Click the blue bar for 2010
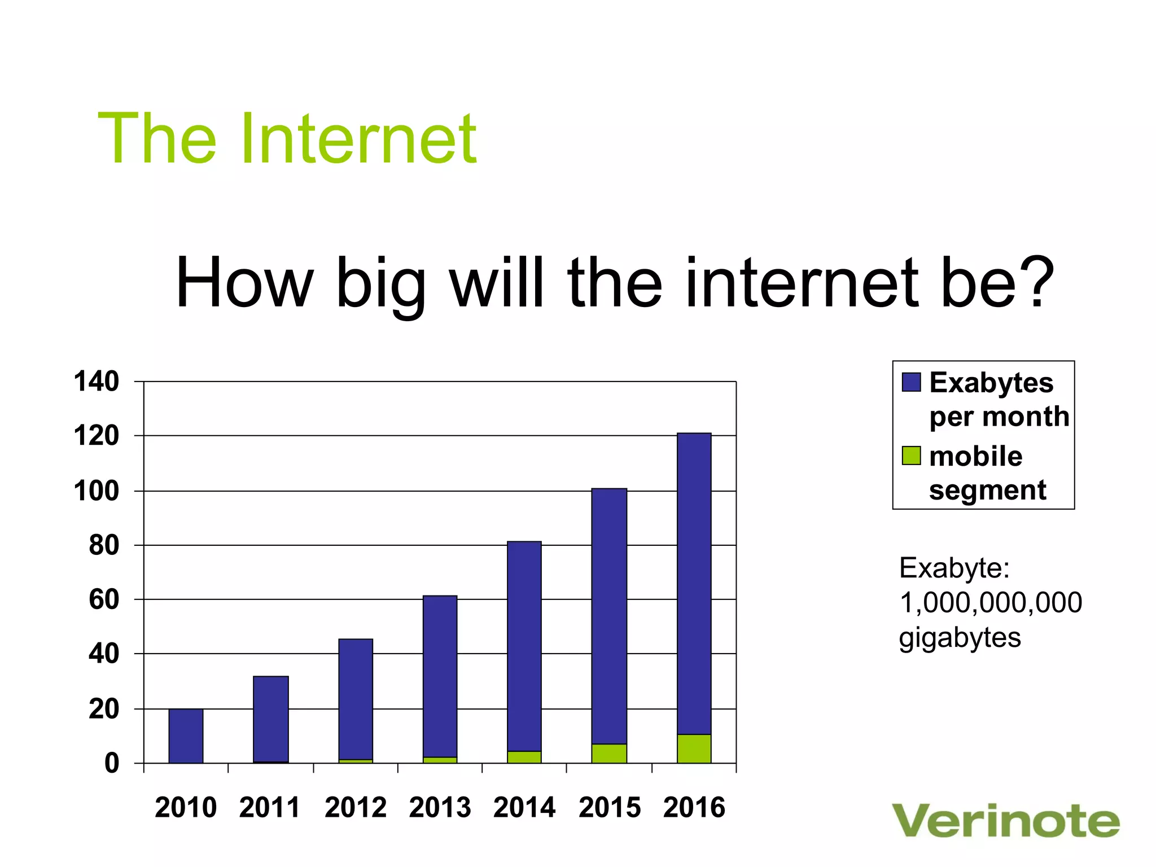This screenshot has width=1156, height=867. (186, 735)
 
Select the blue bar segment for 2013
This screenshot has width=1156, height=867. (440, 676)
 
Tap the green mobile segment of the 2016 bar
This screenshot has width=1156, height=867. (694, 748)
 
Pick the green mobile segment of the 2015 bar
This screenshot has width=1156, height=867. (609, 754)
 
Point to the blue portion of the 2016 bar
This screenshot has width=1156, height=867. (694, 583)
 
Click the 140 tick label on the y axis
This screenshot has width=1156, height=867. (97, 382)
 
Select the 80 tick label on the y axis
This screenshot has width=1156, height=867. (104, 545)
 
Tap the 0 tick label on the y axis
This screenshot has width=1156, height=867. (112, 763)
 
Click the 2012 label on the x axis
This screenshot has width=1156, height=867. (355, 807)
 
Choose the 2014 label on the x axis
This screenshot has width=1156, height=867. (524, 807)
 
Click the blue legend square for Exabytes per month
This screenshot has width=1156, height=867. (911, 382)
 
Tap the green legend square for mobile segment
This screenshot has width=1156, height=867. (911, 456)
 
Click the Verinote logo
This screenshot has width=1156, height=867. (1005, 821)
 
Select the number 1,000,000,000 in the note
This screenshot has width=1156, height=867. (991, 602)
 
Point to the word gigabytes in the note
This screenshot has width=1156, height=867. (960, 638)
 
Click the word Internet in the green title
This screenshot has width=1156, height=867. (359, 138)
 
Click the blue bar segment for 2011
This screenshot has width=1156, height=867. (271, 719)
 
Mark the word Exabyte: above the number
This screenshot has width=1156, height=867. (954, 568)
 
